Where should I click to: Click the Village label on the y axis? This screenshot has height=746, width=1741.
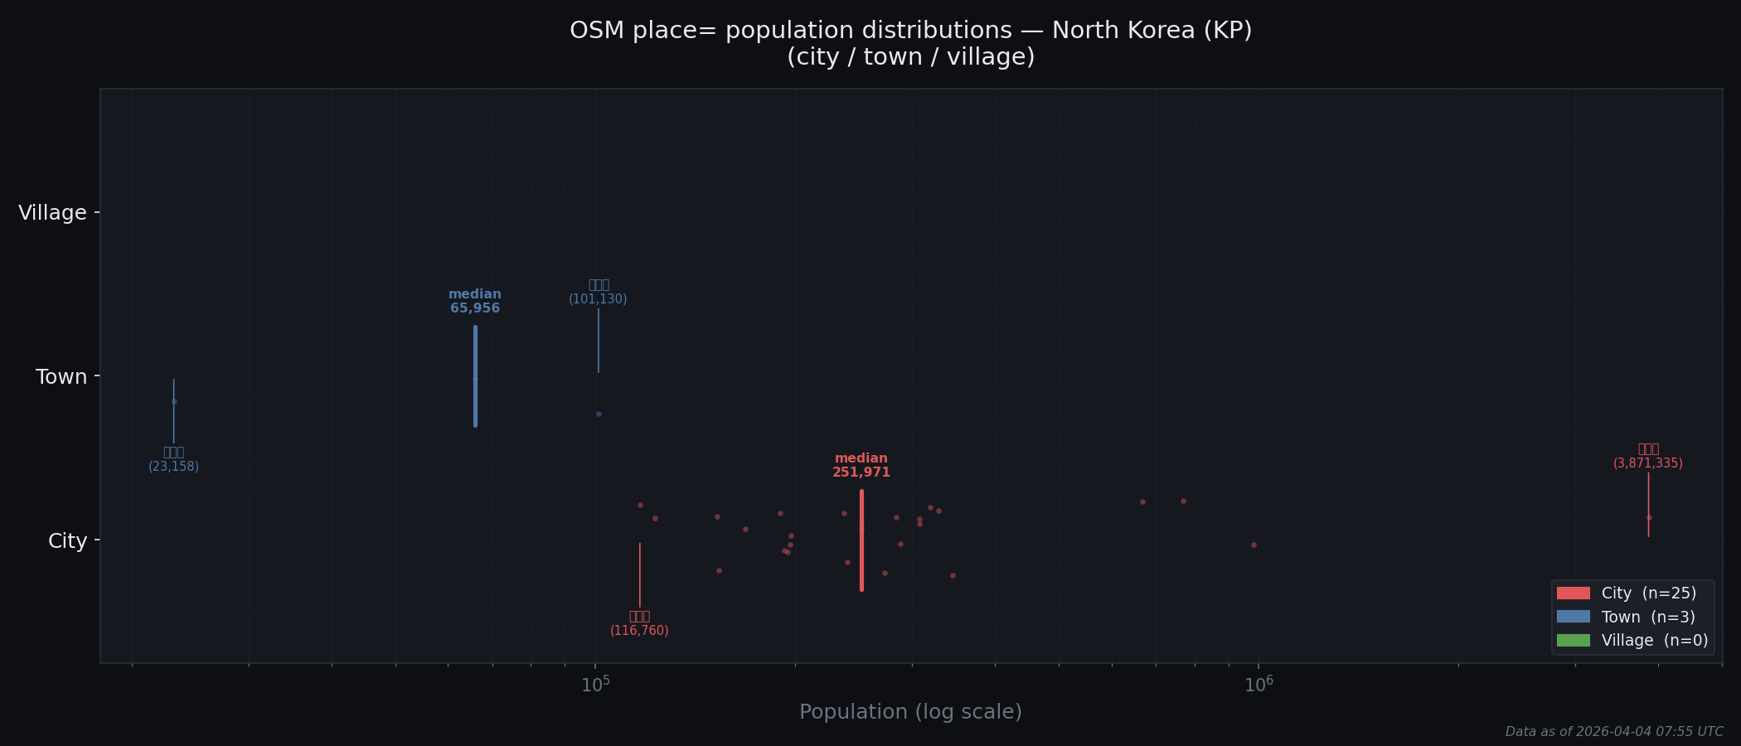(x=52, y=213)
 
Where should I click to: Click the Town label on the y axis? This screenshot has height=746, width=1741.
(x=61, y=377)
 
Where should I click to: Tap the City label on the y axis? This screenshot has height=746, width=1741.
(x=67, y=541)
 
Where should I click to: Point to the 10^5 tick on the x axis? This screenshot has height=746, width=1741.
(x=595, y=685)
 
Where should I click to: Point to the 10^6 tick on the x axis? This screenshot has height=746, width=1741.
(x=1258, y=685)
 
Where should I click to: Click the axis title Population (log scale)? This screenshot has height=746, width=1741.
(x=910, y=712)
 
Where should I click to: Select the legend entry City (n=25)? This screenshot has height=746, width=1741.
(x=1648, y=593)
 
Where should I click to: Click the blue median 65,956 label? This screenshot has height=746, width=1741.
(x=475, y=302)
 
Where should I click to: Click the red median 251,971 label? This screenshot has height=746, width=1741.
(x=861, y=466)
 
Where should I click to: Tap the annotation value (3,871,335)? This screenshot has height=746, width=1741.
(x=1647, y=463)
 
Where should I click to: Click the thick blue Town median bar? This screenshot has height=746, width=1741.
(x=475, y=376)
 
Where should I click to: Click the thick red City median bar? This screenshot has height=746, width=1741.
(x=861, y=540)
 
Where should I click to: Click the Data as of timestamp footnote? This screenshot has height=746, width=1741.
(x=1613, y=732)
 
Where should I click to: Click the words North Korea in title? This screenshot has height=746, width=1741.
(x=1123, y=31)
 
